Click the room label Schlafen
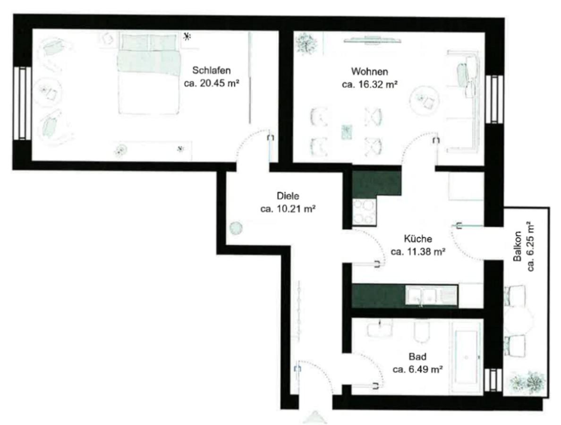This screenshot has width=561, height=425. (211, 70)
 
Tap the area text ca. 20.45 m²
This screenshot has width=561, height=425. (212, 84)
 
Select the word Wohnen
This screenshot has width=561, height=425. (370, 72)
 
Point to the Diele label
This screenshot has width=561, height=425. (288, 195)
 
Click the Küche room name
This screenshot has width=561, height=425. (418, 238)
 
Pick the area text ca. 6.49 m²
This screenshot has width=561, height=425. (418, 369)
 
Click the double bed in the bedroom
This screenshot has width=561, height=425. (149, 73)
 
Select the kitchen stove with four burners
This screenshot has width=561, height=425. (364, 212)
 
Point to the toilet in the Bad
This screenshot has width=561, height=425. (422, 331)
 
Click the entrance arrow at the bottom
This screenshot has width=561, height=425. (315, 418)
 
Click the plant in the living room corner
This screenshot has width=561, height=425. (306, 43)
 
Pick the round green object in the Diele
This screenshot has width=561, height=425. (236, 228)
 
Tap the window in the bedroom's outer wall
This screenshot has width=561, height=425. (23, 104)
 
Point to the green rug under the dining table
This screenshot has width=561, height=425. (347, 132)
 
